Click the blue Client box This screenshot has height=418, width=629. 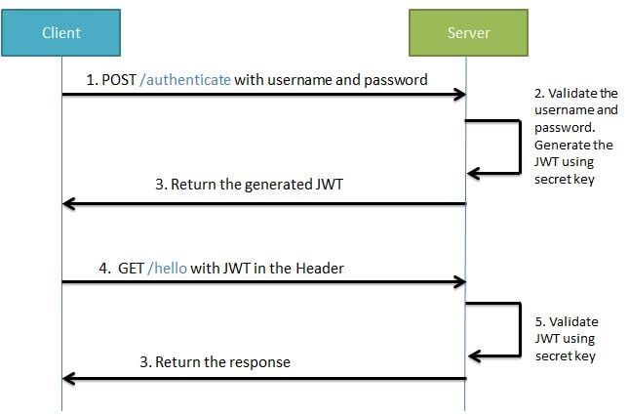point(60,33)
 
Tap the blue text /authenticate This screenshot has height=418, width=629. point(185,80)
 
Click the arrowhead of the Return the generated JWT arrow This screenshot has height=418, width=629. point(68,203)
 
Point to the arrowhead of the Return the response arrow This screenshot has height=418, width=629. point(68,377)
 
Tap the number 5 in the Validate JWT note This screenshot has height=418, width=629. point(540,320)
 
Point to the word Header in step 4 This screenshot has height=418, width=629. point(320,268)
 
